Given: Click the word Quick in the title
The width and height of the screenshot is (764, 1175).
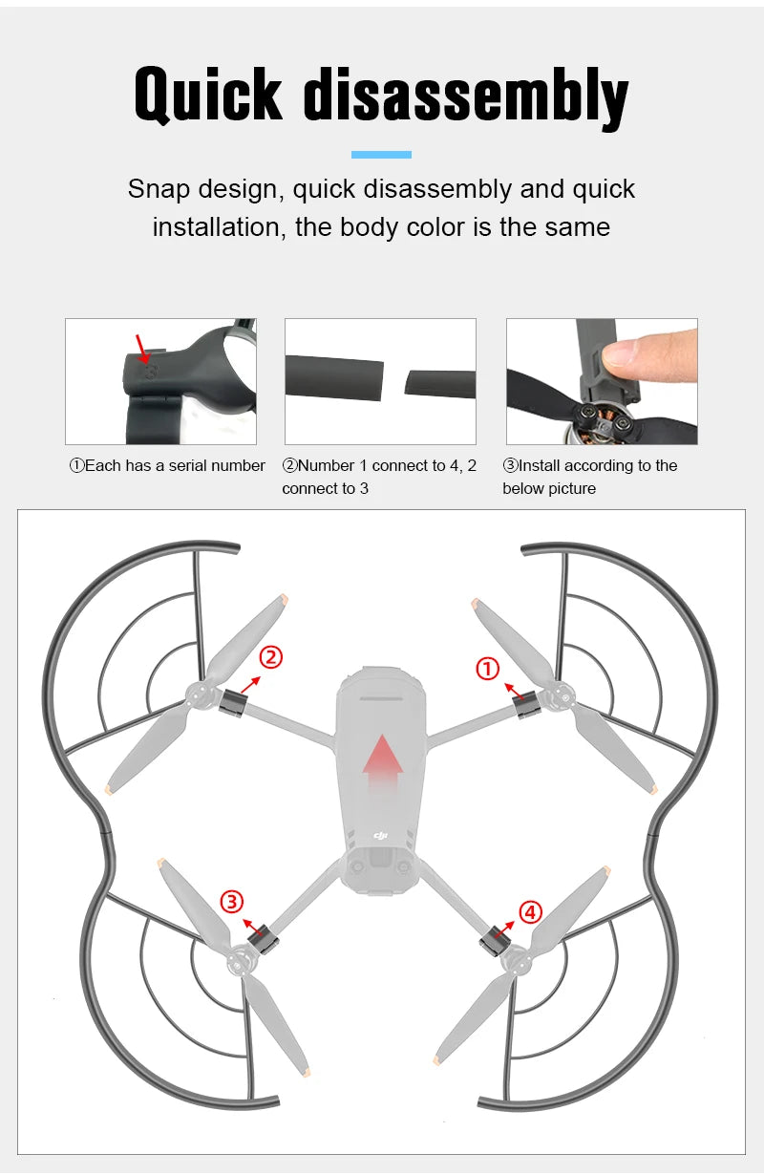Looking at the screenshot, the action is (208, 95).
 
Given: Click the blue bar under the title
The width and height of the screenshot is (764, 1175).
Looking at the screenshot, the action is (381, 155).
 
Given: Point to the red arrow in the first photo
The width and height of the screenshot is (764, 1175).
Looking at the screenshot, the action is (141, 348).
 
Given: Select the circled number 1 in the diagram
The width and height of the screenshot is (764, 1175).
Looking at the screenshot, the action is (488, 669).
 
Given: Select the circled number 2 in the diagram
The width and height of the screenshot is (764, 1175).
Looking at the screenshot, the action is (271, 657).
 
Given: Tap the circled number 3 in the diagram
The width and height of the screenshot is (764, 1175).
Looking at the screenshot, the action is (232, 902).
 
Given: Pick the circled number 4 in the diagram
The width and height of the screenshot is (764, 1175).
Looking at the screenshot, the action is (530, 912).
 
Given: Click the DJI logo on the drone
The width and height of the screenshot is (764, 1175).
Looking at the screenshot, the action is (381, 835).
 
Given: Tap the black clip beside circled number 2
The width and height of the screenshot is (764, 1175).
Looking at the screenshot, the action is (233, 703).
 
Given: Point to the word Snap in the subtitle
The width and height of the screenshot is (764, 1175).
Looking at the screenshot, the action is (159, 189).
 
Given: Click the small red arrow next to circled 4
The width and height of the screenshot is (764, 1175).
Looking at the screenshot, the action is (504, 929).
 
